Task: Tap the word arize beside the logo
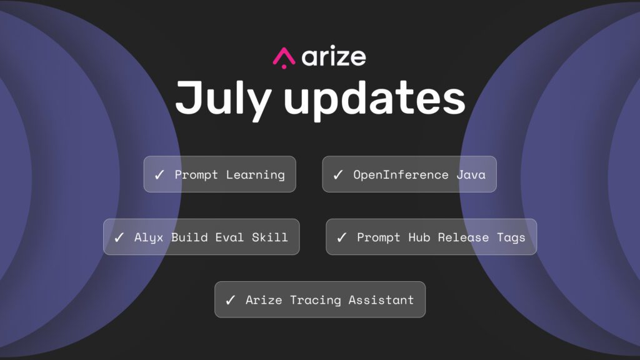(x=334, y=57)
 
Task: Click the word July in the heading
(x=224, y=99)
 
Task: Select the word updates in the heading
(x=374, y=101)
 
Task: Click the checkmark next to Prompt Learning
(x=159, y=175)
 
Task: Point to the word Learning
(x=256, y=175)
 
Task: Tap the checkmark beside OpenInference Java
(x=338, y=175)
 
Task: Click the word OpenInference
(x=401, y=175)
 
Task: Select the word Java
(x=471, y=175)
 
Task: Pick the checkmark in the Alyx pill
(x=119, y=237)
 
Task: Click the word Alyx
(x=149, y=237)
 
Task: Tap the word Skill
(x=270, y=237)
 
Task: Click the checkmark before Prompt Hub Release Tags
(x=342, y=237)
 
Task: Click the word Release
(x=463, y=237)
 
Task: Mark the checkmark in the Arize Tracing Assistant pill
(x=230, y=301)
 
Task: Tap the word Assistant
(x=381, y=300)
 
